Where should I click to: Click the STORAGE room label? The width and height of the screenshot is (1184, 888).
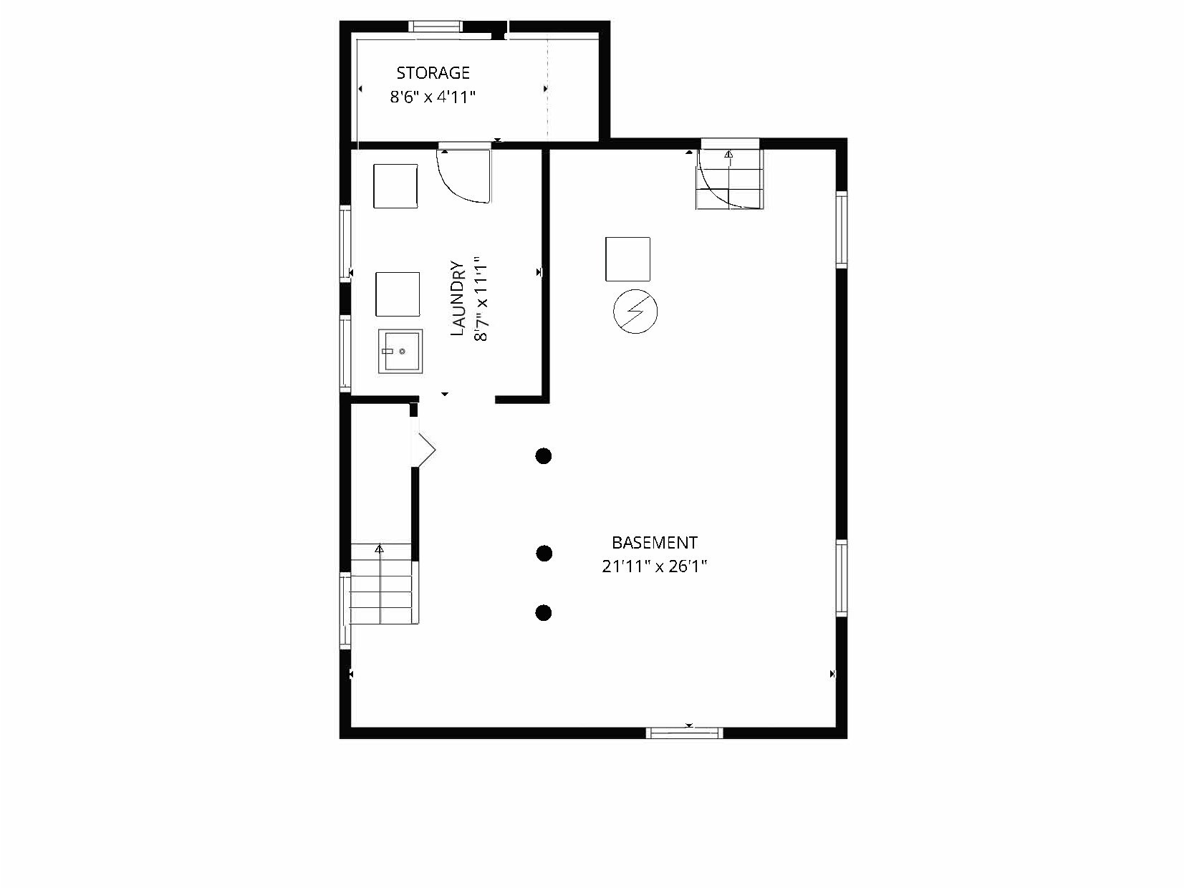[x=433, y=72]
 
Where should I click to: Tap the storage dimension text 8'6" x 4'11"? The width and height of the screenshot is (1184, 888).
[x=433, y=97]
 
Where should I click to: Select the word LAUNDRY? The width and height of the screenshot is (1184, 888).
[x=458, y=299]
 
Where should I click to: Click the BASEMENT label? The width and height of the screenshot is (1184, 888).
[x=654, y=543]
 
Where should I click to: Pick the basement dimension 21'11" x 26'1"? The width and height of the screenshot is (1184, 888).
[x=654, y=566]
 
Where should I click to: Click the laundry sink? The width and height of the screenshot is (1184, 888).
[x=400, y=351]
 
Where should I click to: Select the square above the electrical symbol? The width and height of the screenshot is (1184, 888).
[x=627, y=259]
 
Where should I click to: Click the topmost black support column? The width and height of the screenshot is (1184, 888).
[x=544, y=455]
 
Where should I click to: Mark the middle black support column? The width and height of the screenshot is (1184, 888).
[x=544, y=553]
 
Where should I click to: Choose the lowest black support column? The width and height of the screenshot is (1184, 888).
[x=544, y=612]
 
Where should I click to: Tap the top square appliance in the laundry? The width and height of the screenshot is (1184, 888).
[x=395, y=186]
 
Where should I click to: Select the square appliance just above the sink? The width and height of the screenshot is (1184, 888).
[x=398, y=294]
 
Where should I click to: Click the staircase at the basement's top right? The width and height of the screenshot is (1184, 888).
[x=730, y=179]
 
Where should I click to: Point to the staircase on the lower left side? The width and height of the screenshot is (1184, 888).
[x=381, y=584]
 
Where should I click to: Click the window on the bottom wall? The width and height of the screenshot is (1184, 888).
[x=684, y=733]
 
